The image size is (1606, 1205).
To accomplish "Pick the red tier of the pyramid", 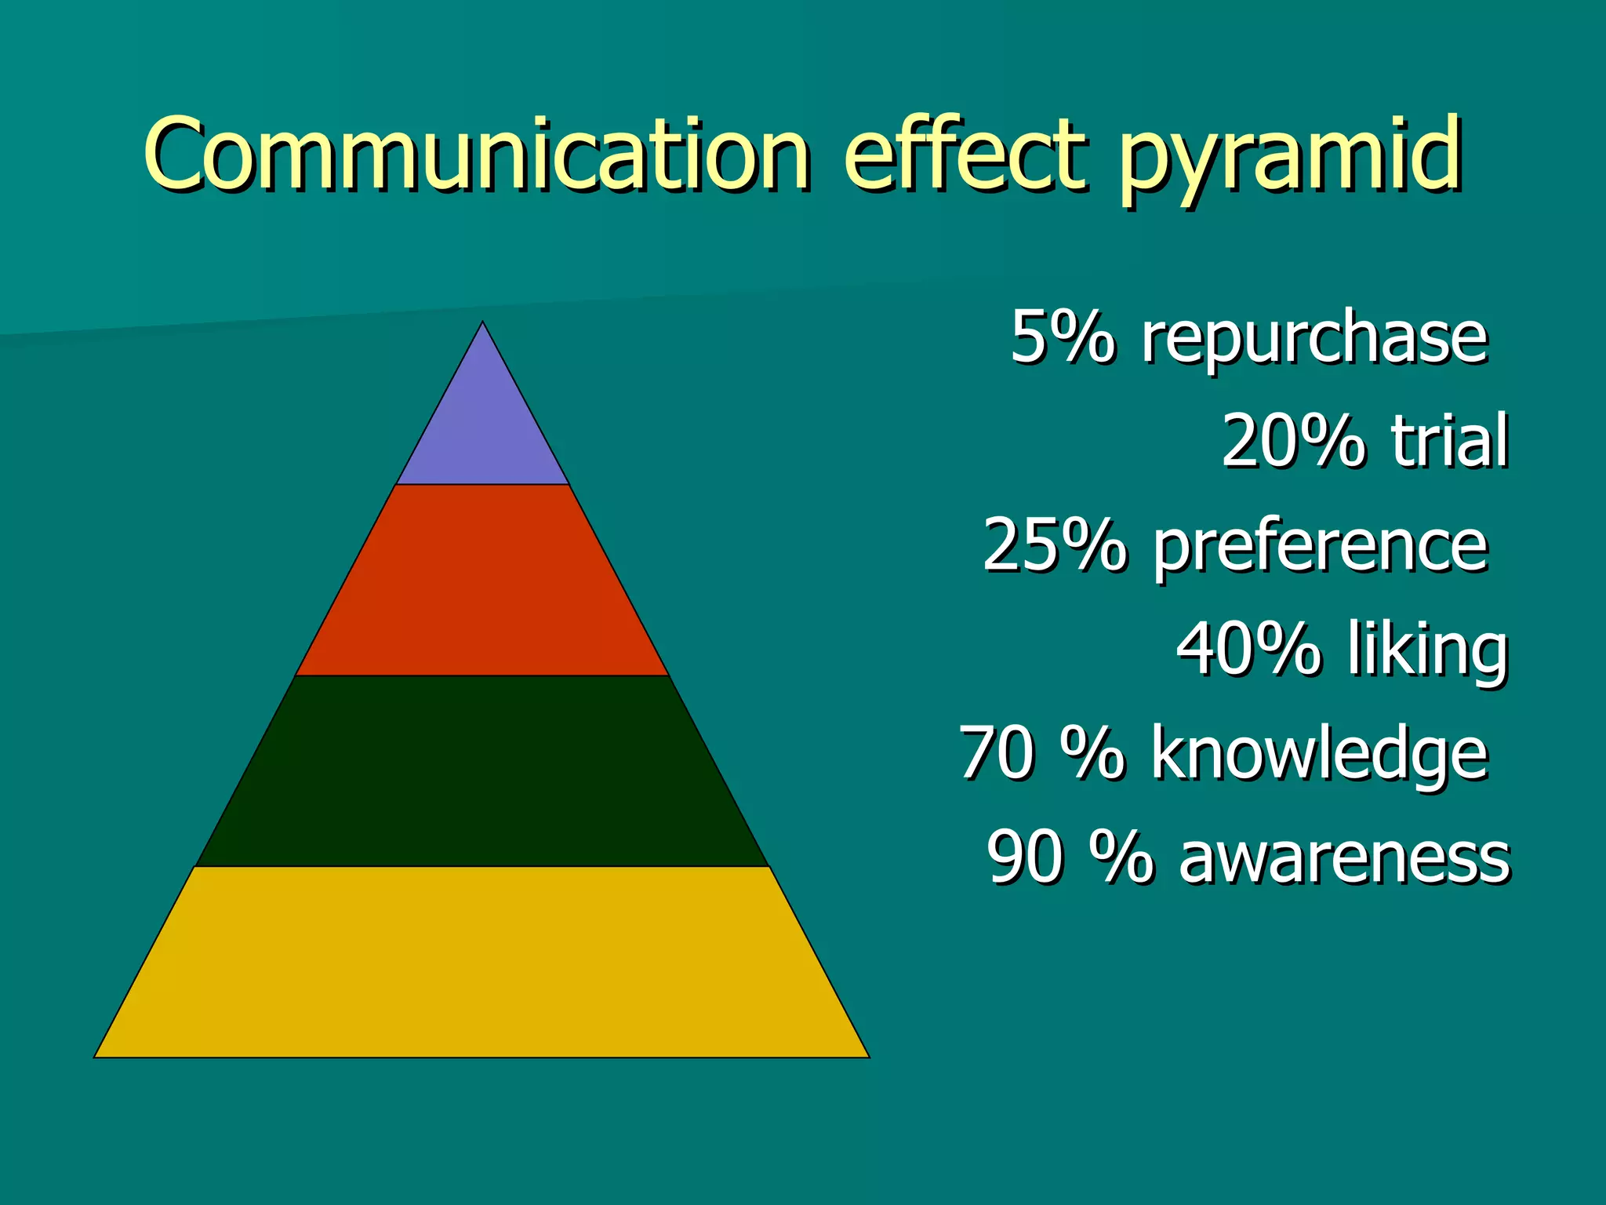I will coord(482,581).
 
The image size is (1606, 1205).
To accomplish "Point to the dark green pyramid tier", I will coord(482,771).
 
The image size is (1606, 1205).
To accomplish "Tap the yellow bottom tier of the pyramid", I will coord(482,963).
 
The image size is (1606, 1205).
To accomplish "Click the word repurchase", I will coord(1314,339).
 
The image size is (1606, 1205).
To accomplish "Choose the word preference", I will coord(1320,547).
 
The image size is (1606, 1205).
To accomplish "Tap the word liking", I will coord(1428,650).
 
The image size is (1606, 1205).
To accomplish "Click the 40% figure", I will coord(1248,649).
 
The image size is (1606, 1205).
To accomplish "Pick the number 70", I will coord(996,752).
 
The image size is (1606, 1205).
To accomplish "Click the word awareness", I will coord(1344,857).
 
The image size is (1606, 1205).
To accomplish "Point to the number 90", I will coord(1025,857).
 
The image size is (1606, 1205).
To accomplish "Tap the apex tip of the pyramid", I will coord(482,324).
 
